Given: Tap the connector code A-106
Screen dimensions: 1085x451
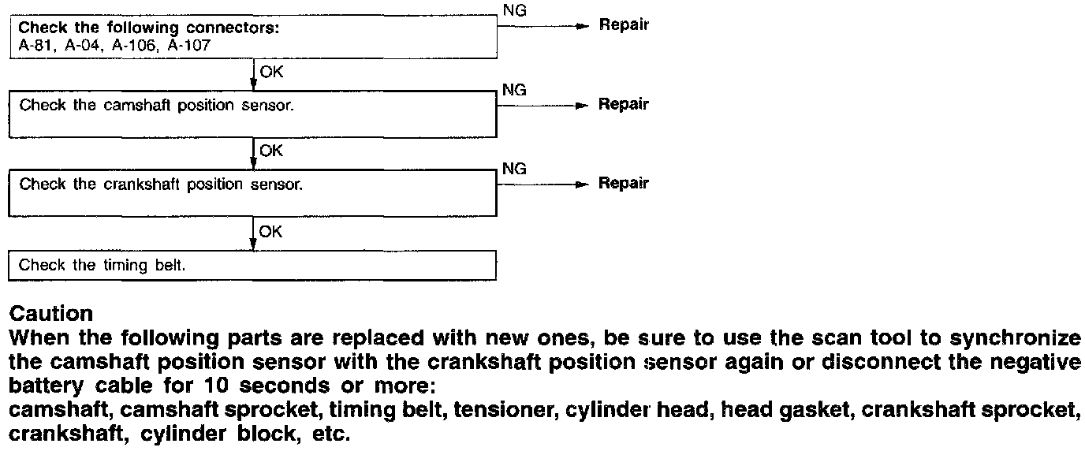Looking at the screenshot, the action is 134,46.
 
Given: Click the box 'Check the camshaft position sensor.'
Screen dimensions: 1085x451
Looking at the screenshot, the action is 252,115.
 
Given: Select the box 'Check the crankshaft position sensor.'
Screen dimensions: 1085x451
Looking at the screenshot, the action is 252,194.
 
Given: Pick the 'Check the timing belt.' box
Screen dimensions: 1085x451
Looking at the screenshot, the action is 252,266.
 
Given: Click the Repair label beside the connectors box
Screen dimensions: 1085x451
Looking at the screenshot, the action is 624,24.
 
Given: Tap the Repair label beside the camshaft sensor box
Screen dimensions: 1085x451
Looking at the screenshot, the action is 624,104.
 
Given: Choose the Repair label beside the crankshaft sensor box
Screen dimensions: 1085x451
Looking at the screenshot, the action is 624,183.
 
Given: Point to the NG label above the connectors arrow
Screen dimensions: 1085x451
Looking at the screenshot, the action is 513,9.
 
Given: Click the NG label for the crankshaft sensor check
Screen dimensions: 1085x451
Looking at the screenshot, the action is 513,169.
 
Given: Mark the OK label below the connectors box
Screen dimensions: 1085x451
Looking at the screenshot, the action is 270,72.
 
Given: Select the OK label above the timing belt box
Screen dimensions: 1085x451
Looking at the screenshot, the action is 270,232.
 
